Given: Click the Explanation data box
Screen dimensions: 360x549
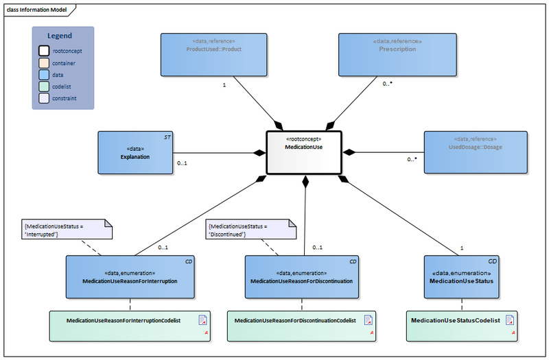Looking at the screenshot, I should (x=135, y=152).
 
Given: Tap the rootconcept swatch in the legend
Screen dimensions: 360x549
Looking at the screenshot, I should (x=43, y=51).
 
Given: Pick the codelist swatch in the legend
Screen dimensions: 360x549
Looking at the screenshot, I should (x=43, y=86).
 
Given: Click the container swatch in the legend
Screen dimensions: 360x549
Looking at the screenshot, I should (x=43, y=63).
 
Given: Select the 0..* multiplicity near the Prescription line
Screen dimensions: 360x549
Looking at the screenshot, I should (x=388, y=84).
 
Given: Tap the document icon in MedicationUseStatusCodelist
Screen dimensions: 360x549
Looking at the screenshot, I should (x=509, y=320).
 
